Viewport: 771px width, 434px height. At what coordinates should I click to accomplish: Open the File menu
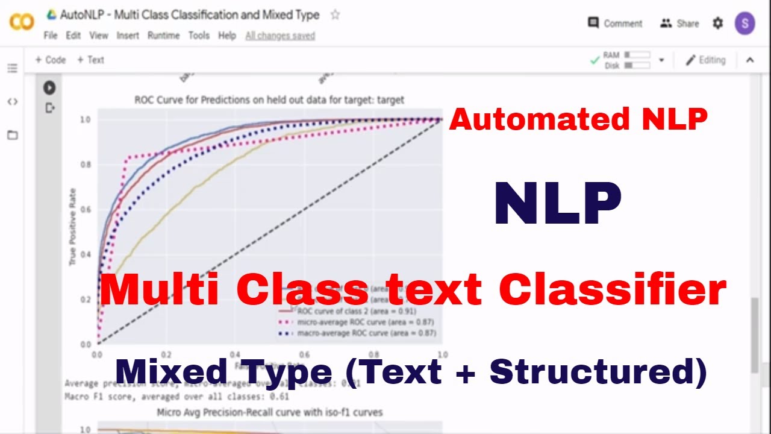pos(51,36)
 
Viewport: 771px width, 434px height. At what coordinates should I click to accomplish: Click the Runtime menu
pos(163,36)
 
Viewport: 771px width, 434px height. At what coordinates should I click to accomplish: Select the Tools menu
pos(199,36)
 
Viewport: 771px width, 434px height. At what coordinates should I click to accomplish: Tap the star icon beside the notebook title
pos(335,15)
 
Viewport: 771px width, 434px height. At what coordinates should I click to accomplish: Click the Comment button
pos(615,24)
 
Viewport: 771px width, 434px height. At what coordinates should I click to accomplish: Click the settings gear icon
pos(717,24)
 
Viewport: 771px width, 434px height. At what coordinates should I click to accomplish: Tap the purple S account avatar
pos(745,24)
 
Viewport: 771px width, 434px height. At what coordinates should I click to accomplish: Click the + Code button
pos(50,60)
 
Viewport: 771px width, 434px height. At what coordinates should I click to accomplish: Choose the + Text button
pos(90,60)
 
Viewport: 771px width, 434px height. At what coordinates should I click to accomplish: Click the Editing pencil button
pos(705,60)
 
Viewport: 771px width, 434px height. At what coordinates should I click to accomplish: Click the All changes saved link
pos(280,36)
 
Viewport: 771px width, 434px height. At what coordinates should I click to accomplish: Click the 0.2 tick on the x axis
pos(166,354)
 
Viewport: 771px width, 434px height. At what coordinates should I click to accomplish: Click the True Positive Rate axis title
pos(73,225)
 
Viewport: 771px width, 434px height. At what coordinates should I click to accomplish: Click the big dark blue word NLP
pos(557,203)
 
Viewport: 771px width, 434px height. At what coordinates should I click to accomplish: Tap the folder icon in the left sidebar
pos(12,135)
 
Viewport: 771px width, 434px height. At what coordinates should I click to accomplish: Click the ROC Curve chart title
pos(269,99)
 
